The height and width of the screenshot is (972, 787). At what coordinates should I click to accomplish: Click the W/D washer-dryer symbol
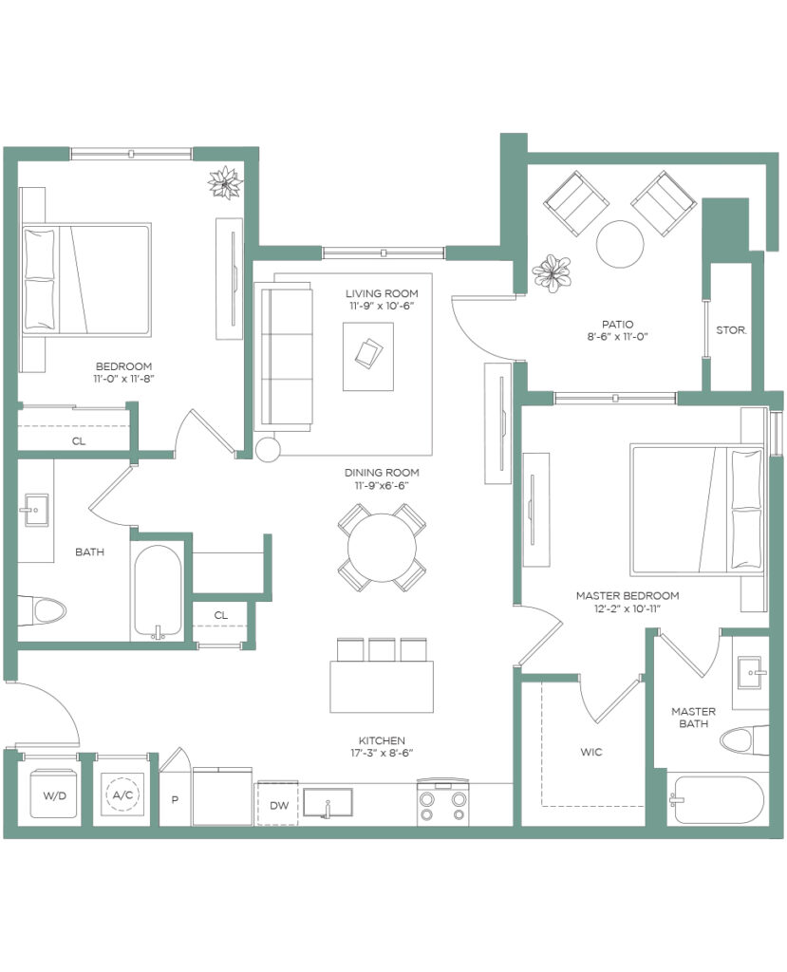54,794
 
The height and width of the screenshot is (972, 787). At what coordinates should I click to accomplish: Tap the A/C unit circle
122,794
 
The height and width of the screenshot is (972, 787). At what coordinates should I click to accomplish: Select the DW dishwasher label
279,806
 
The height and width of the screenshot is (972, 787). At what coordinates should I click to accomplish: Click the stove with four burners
442,801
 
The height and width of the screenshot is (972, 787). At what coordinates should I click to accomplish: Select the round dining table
382,548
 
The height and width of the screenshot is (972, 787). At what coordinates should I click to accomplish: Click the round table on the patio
620,244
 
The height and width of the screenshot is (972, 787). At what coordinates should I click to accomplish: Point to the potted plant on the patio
552,272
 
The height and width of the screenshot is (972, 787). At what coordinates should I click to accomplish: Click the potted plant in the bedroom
224,182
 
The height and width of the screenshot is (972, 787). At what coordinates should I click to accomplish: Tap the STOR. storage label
731,330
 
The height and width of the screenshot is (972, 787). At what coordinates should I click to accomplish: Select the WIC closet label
591,752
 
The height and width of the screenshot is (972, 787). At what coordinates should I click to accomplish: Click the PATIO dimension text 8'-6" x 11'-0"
618,337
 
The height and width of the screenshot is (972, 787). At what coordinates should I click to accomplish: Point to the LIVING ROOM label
382,293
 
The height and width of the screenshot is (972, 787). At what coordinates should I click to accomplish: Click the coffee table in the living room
367,357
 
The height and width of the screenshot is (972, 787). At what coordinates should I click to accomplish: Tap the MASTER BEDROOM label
627,596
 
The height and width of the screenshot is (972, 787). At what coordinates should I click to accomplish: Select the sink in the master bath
752,672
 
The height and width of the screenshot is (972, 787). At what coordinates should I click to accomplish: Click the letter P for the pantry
175,799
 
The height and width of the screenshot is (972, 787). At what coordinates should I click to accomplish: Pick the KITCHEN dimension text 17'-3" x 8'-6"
382,753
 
